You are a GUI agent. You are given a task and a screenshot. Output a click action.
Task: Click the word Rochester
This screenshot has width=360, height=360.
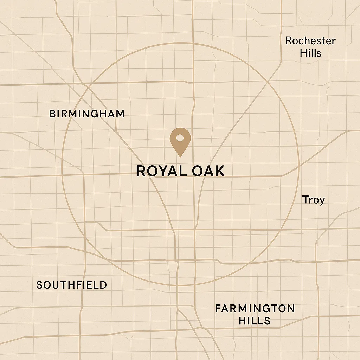310,41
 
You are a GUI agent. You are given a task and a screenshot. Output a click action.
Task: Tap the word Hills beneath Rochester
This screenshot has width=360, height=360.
310,53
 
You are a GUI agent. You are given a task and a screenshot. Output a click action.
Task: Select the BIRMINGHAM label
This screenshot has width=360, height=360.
87,114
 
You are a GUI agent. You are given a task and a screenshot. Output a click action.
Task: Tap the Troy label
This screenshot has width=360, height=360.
314,200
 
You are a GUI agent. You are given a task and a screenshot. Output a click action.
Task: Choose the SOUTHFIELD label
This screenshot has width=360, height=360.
72,285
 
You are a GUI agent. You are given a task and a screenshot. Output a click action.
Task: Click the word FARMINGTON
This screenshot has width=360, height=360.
255,309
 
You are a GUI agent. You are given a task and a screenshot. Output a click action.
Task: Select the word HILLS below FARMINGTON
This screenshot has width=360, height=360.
255,321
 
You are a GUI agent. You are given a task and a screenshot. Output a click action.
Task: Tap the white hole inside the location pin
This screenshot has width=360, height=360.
180,137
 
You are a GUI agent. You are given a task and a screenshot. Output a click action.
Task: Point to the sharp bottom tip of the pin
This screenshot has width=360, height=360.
180,156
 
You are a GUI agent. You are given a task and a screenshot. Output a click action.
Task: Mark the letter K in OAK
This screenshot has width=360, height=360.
219,171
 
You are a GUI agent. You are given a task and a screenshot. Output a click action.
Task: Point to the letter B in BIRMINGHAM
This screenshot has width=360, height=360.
52,114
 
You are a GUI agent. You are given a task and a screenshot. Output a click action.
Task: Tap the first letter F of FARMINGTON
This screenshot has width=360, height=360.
218,309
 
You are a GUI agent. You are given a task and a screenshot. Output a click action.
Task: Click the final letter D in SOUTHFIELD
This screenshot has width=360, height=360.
103,285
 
